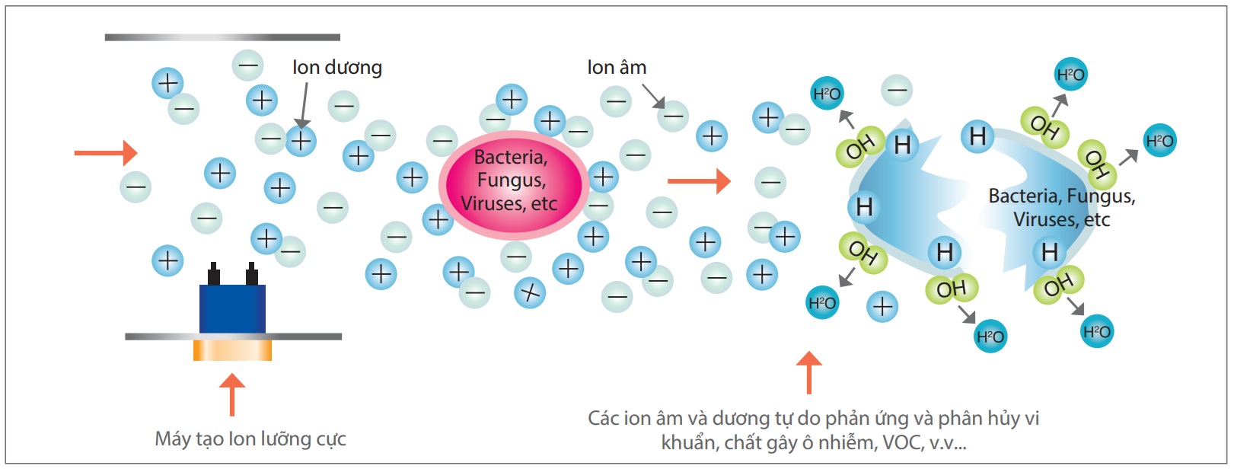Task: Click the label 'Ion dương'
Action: (x=337, y=68)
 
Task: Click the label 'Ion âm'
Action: (x=617, y=67)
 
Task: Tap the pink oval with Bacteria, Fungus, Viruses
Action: (x=513, y=184)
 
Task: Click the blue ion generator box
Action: (x=232, y=308)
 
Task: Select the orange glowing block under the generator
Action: (x=232, y=350)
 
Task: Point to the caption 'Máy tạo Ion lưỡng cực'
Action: (x=250, y=439)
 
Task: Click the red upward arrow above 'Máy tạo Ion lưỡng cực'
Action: (x=232, y=394)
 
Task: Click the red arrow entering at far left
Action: (x=106, y=153)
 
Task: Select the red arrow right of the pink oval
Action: (x=699, y=180)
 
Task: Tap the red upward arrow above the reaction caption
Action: (x=809, y=372)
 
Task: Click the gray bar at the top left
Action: (x=222, y=37)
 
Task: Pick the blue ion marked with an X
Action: (x=530, y=292)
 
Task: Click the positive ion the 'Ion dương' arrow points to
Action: (x=301, y=141)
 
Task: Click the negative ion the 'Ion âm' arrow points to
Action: (x=673, y=116)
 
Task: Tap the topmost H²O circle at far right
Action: (x=1071, y=74)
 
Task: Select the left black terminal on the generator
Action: (x=214, y=273)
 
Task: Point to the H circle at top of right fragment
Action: (x=977, y=136)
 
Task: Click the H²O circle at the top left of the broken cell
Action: (x=827, y=93)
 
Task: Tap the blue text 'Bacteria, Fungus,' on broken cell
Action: (x=1061, y=196)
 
